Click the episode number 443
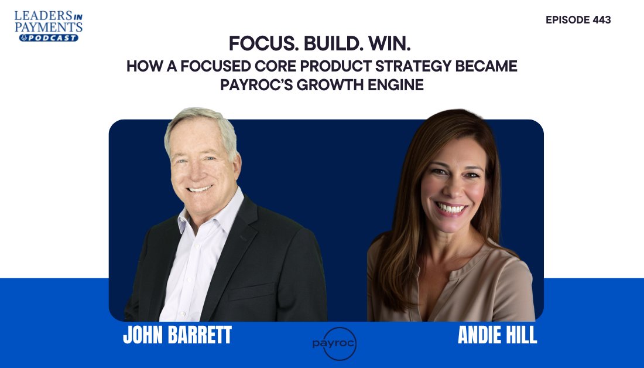coord(600,20)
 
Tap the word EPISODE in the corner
coord(567,20)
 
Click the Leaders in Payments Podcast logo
coord(48,25)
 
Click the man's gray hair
coord(199,120)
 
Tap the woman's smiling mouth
coord(451,207)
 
